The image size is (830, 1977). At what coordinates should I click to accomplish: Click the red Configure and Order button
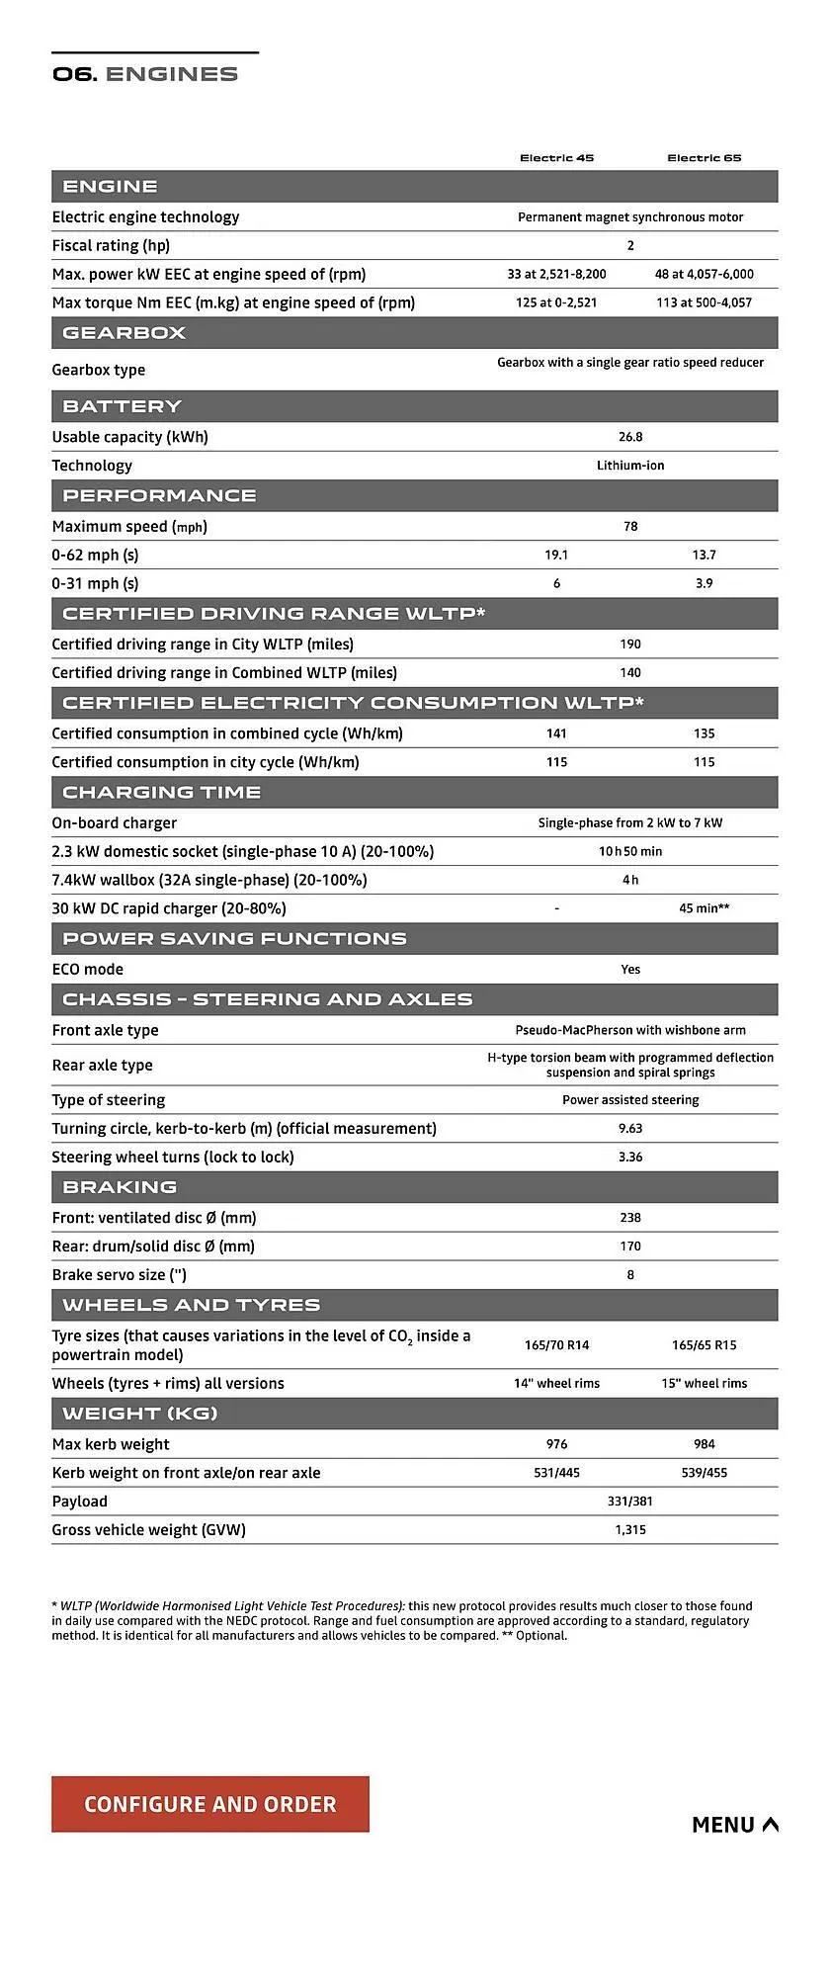pos(209,1804)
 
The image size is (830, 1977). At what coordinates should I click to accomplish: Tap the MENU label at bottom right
pos(734,1825)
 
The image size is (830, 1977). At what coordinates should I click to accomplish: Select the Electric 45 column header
pos(556,158)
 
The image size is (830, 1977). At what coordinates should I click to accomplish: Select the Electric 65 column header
pos(704,158)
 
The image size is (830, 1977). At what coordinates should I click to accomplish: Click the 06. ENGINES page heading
pos(145,74)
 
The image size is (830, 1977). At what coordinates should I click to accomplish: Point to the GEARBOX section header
pos(124,333)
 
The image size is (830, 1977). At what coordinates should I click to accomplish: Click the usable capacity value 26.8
pos(630,437)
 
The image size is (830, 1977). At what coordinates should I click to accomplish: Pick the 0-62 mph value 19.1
pos(556,556)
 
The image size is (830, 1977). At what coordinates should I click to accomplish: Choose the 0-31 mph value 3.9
pos(704,584)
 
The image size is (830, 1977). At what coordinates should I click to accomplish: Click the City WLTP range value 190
pos(630,645)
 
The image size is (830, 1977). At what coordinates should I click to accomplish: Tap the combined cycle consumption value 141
pos(556,733)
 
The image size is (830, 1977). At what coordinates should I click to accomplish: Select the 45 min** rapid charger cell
pos(704,908)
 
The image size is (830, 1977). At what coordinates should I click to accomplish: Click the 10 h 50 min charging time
pos(630,851)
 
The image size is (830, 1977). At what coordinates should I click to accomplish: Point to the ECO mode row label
pos(88,970)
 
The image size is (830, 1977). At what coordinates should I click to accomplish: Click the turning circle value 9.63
pos(630,1128)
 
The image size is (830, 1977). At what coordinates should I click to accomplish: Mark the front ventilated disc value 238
pos(630,1218)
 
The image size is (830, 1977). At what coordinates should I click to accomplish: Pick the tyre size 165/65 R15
pos(704,1345)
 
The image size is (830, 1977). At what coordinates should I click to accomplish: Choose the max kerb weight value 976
pos(556,1444)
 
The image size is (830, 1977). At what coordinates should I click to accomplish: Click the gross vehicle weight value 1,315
pos(630,1530)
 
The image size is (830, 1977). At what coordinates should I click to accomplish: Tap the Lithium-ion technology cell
pos(630,466)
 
